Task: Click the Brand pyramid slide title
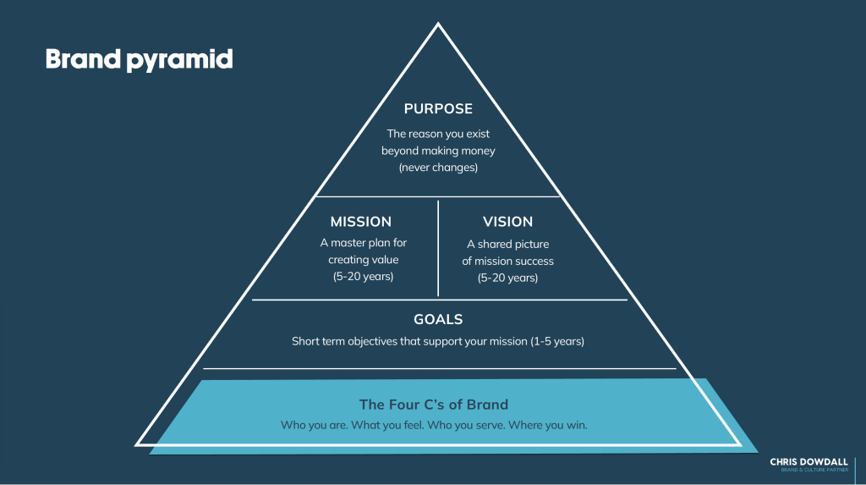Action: [139, 59]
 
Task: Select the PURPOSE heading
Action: [438, 109]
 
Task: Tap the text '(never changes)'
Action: [438, 168]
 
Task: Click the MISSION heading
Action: [361, 222]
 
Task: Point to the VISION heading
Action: [507, 222]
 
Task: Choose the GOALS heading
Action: [438, 320]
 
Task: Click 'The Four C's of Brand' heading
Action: [434, 404]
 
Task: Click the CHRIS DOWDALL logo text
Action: [808, 462]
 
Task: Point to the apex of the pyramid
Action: [438, 25]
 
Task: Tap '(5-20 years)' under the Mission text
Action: [363, 277]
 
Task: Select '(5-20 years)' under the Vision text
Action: [507, 278]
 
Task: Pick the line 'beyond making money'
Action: [438, 151]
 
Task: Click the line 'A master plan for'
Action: [363, 243]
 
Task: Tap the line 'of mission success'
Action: [507, 261]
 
